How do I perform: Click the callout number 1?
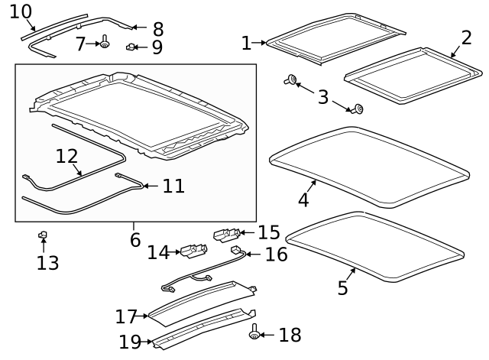pyautogui.click(x=245, y=44)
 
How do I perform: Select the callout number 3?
pyautogui.click(x=323, y=97)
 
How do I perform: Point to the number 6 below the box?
pyautogui.click(x=135, y=239)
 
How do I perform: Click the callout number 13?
pyautogui.click(x=47, y=263)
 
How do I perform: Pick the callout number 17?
pyautogui.click(x=125, y=316)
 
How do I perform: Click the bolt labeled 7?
pyautogui.click(x=104, y=44)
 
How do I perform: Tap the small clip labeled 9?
pyautogui.click(x=131, y=47)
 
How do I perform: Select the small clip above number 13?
pyautogui.click(x=44, y=235)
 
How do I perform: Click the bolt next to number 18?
pyautogui.click(x=254, y=333)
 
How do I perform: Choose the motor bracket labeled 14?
pyautogui.click(x=194, y=251)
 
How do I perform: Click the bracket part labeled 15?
pyautogui.click(x=227, y=232)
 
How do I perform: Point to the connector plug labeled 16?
pyautogui.click(x=236, y=250)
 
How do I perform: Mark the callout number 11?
pyautogui.click(x=173, y=185)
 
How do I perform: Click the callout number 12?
pyautogui.click(x=66, y=156)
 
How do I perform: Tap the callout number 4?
pyautogui.click(x=303, y=199)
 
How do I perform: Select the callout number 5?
pyautogui.click(x=342, y=287)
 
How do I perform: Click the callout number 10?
pyautogui.click(x=21, y=11)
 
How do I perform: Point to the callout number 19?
pyautogui.click(x=129, y=342)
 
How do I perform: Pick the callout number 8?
pyautogui.click(x=158, y=29)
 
